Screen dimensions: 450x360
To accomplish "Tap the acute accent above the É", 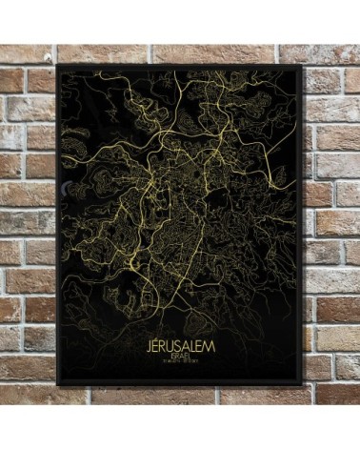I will [x=157, y=337].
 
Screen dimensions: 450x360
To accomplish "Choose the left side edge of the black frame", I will [x=59, y=225].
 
